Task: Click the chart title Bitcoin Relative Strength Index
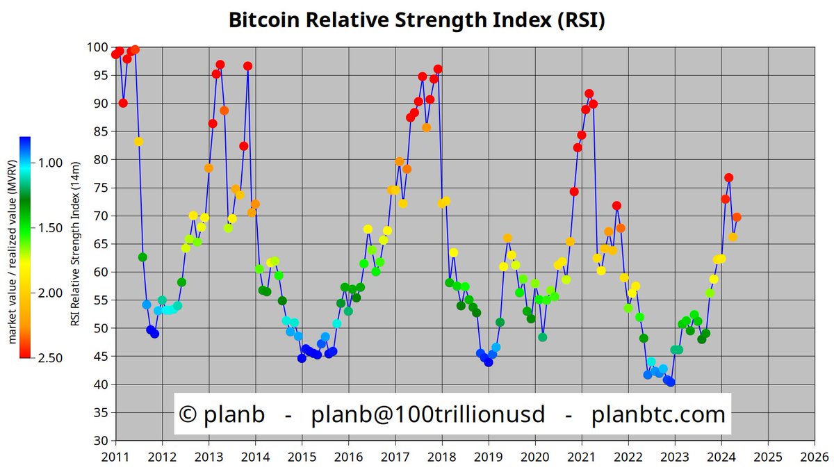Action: [x=417, y=21]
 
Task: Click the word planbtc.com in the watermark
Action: [x=658, y=415]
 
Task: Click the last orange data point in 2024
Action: [x=737, y=218]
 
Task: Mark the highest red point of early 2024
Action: [x=728, y=178]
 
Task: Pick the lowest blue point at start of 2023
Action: [x=671, y=382]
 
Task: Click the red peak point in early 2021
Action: [x=589, y=93]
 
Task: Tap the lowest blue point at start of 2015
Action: [x=302, y=359]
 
